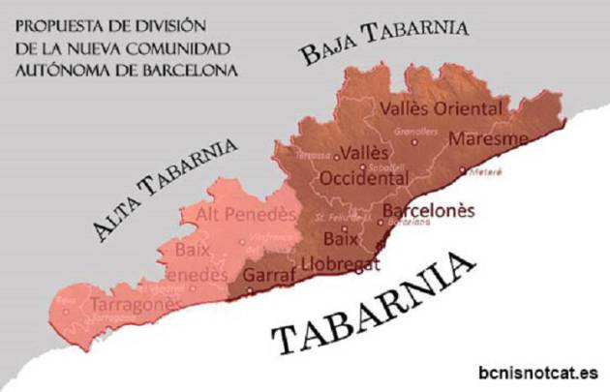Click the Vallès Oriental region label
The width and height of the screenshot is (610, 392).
(x=442, y=108)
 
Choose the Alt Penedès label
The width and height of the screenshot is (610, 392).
(x=244, y=214)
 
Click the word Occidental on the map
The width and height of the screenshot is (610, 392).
(x=362, y=178)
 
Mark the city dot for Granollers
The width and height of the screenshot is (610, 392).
(x=415, y=141)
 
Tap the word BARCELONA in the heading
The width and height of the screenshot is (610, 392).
(x=188, y=71)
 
